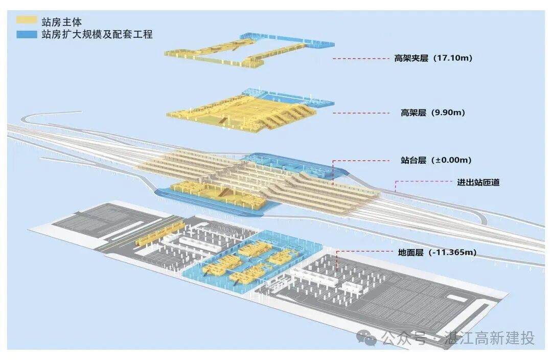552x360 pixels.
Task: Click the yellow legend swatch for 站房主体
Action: [x=27, y=20]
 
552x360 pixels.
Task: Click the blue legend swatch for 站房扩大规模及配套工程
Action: [x=27, y=34]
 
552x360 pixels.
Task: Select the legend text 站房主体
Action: [x=62, y=21]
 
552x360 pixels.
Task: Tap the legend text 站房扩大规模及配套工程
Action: [x=97, y=35]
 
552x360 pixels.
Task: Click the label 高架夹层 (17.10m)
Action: [x=433, y=58]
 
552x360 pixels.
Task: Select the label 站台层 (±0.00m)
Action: [x=436, y=160]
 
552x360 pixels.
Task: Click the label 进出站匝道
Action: [x=478, y=182]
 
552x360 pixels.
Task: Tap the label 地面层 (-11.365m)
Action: [x=437, y=252]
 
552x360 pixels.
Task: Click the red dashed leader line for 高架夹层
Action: [x=360, y=59]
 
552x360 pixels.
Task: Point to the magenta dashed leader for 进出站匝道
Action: [x=422, y=181]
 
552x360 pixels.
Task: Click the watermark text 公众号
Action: [x=404, y=338]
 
